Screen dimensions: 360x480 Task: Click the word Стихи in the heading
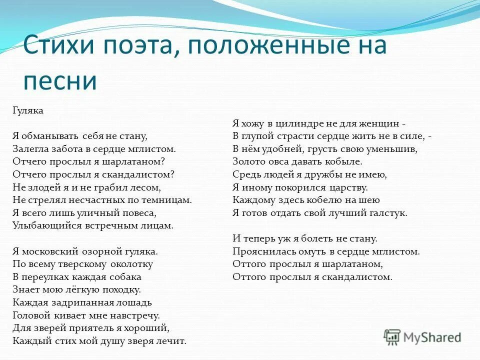point(59,46)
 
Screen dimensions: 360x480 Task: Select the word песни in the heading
point(59,80)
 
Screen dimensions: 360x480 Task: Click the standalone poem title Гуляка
point(28,110)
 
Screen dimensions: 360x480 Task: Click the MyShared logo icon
point(392,336)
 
